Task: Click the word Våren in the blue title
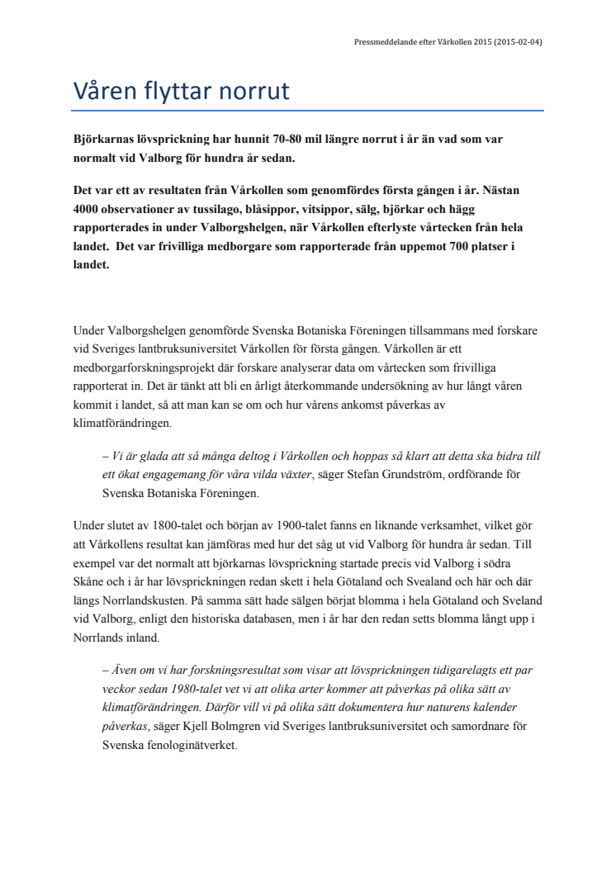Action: click(107, 89)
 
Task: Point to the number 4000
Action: click(87, 207)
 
